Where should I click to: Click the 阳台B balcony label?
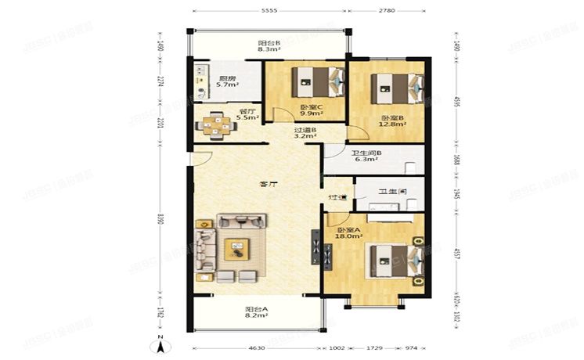269,44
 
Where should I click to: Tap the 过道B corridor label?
305,131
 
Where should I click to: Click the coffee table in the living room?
236,250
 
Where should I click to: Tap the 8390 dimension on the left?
160,220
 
